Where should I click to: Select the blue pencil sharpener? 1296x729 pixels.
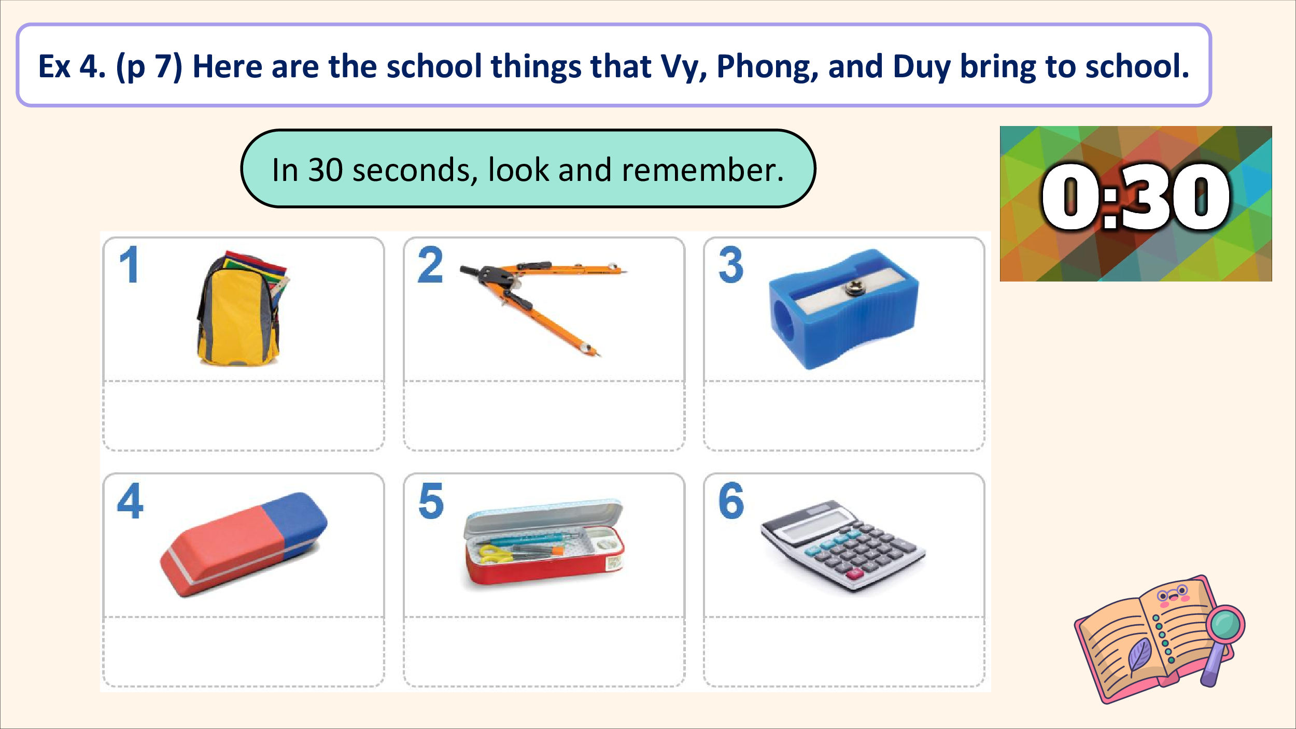[x=843, y=310]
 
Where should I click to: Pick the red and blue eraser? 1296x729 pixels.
[x=244, y=544]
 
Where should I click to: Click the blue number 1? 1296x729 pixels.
[x=130, y=264]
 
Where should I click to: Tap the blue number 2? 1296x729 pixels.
[x=430, y=264]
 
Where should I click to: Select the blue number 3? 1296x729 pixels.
[x=731, y=264]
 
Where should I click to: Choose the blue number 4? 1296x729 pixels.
[x=130, y=500]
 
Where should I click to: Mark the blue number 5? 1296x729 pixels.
[x=431, y=501]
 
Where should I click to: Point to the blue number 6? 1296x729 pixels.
[x=731, y=501]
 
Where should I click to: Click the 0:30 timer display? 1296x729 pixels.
[x=1135, y=197]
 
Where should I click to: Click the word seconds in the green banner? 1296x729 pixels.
[x=415, y=171]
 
